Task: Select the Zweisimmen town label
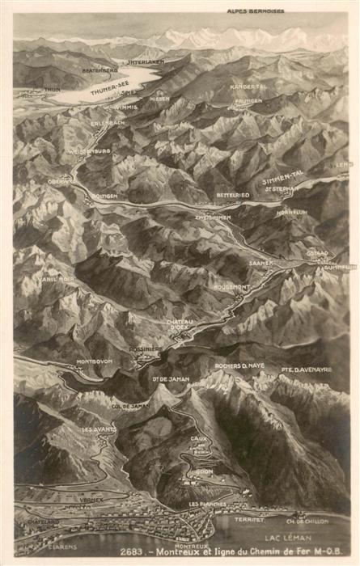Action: tap(213, 218)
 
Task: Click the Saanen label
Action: tap(260, 263)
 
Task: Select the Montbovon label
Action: tap(94, 361)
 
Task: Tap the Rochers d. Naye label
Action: tap(239, 365)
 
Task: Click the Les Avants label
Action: tap(98, 429)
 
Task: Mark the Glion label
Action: tap(204, 471)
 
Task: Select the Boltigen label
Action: tap(105, 196)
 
